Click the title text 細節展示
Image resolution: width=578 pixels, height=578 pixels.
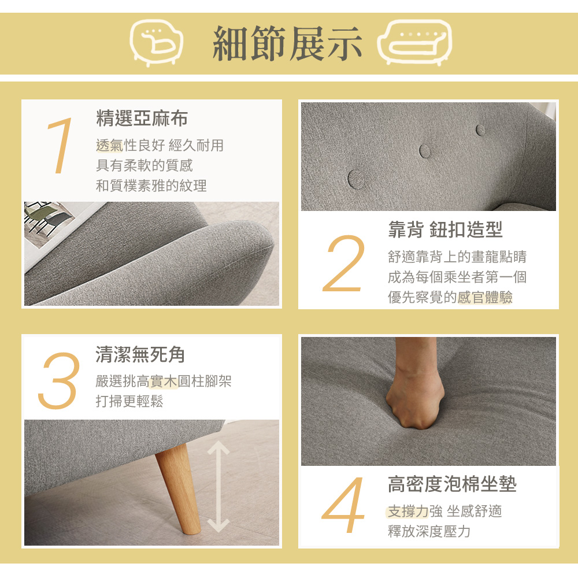tap(287, 43)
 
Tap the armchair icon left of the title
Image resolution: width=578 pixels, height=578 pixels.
tap(155, 43)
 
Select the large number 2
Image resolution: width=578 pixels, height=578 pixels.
tap(346, 263)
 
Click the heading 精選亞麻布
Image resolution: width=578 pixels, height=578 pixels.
tap(142, 119)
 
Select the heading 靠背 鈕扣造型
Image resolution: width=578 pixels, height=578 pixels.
tap(445, 229)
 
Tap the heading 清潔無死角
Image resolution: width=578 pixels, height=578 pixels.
tap(140, 354)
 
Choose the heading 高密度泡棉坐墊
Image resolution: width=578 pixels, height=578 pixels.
tap(452, 484)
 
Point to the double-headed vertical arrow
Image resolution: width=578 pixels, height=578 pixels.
tap(218, 486)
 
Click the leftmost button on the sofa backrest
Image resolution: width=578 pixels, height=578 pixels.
tap(357, 177)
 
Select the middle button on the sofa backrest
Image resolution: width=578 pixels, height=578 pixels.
tap(425, 150)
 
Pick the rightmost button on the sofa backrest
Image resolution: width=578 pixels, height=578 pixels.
tap(480, 129)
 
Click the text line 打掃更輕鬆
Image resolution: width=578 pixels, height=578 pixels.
tap(129, 402)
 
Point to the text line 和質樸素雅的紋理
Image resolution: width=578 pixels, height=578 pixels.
tap(151, 186)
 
